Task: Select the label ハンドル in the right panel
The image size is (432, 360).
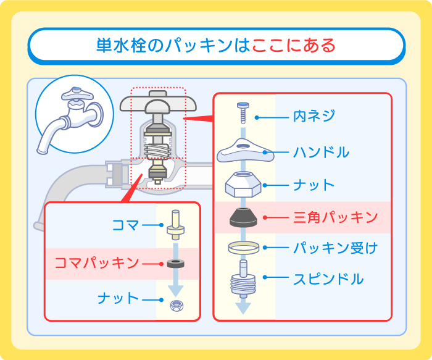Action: pos(320,151)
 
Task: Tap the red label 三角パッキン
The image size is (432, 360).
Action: pos(334,217)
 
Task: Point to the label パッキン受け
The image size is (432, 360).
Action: pos(334,248)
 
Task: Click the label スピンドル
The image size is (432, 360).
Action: pos(328,278)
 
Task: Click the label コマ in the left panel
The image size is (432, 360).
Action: pos(126,225)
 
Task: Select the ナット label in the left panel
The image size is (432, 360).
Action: pos(118,298)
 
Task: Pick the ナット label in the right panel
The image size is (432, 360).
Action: pos(314,185)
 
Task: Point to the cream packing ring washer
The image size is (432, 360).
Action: pos(242,248)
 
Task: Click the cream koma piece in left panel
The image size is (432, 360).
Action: pos(176,225)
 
